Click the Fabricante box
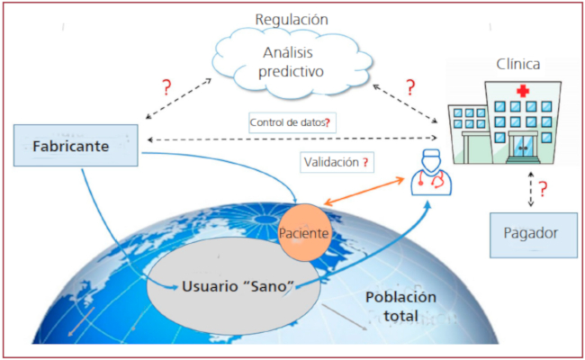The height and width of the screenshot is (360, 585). coord(76,147)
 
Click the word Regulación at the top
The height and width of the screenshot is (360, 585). coord(291,19)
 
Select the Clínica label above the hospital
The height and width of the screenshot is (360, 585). coord(518,65)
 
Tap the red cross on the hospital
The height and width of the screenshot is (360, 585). coord(522,92)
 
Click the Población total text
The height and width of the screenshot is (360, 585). coord(400,307)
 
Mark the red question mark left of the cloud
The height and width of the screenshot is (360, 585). coord(166,88)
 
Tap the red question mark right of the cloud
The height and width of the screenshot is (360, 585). coord(410,88)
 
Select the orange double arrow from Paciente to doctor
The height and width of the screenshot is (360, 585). coord(370,194)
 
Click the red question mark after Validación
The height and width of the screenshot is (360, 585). coord(365,163)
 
